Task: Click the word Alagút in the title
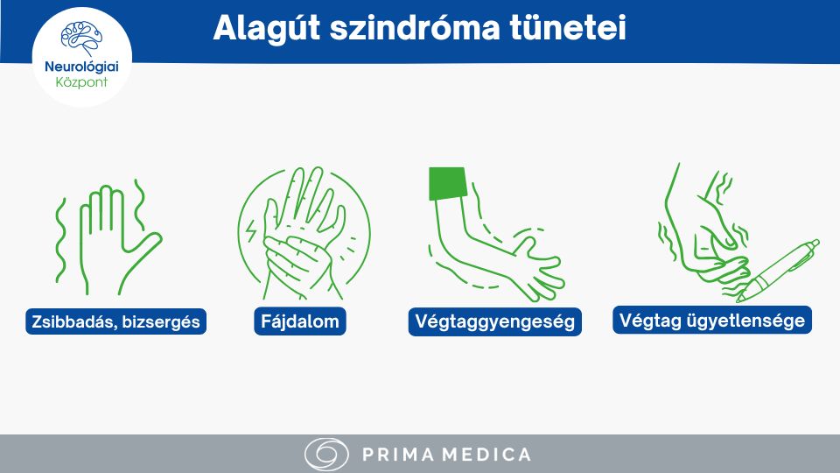click(267, 28)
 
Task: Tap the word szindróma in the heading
click(415, 28)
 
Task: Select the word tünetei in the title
click(568, 28)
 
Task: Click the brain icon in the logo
click(81, 38)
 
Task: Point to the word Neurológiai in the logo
click(81, 67)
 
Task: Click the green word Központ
click(81, 82)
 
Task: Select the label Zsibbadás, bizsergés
click(115, 321)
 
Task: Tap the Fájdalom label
click(300, 321)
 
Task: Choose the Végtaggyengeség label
click(494, 321)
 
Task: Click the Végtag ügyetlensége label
click(712, 321)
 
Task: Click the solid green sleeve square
click(448, 183)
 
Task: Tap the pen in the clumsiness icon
click(778, 271)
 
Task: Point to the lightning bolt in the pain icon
click(251, 230)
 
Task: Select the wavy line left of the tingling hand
click(61, 240)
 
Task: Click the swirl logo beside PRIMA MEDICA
click(326, 455)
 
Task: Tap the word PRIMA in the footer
click(398, 455)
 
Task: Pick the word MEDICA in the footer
click(488, 455)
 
